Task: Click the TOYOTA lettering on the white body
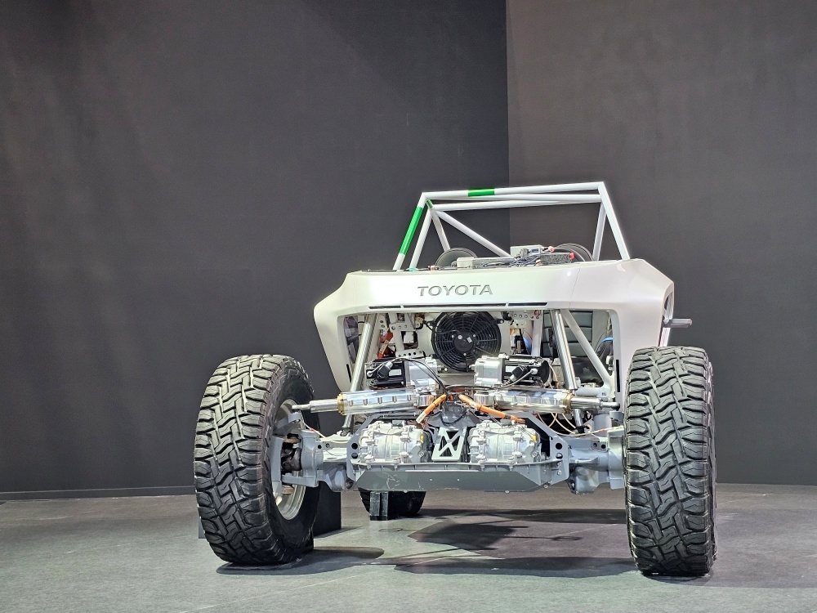click(455, 290)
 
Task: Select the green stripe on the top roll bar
click(481, 193)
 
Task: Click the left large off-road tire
click(254, 459)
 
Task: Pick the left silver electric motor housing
click(394, 442)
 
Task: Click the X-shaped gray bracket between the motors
click(449, 444)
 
